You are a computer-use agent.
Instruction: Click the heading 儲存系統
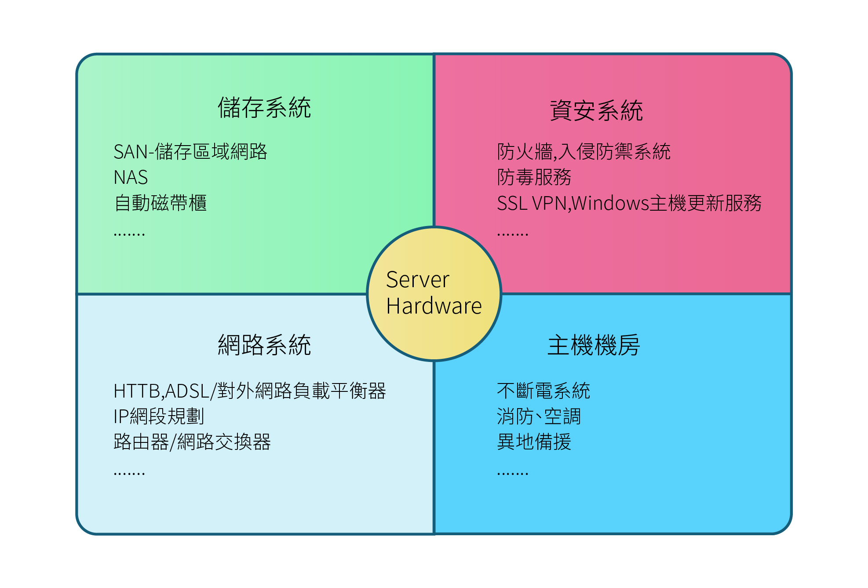pyautogui.click(x=264, y=108)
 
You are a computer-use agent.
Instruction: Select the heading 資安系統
pyautogui.click(x=596, y=110)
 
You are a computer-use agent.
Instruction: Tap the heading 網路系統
pyautogui.click(x=264, y=345)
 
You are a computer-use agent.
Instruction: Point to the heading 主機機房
pyautogui.click(x=594, y=345)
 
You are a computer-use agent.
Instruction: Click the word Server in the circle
pyautogui.click(x=418, y=280)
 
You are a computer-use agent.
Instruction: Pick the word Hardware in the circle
pyautogui.click(x=434, y=306)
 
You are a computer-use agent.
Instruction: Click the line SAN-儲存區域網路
pyautogui.click(x=190, y=152)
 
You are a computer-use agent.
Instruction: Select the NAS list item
pyautogui.click(x=131, y=178)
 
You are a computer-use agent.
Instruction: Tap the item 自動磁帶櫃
pyautogui.click(x=160, y=203)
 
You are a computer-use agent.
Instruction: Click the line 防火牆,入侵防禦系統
pyautogui.click(x=584, y=152)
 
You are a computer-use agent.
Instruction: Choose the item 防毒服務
pyautogui.click(x=534, y=177)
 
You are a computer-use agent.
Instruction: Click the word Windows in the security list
pyautogui.click(x=610, y=203)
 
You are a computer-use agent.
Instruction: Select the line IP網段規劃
pyautogui.click(x=159, y=416)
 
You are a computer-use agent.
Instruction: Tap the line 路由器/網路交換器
pyautogui.click(x=192, y=442)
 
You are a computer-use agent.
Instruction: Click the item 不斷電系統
pyautogui.click(x=543, y=391)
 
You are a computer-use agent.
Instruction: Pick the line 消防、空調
pyautogui.click(x=539, y=416)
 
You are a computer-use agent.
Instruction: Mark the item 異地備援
pyautogui.click(x=534, y=442)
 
